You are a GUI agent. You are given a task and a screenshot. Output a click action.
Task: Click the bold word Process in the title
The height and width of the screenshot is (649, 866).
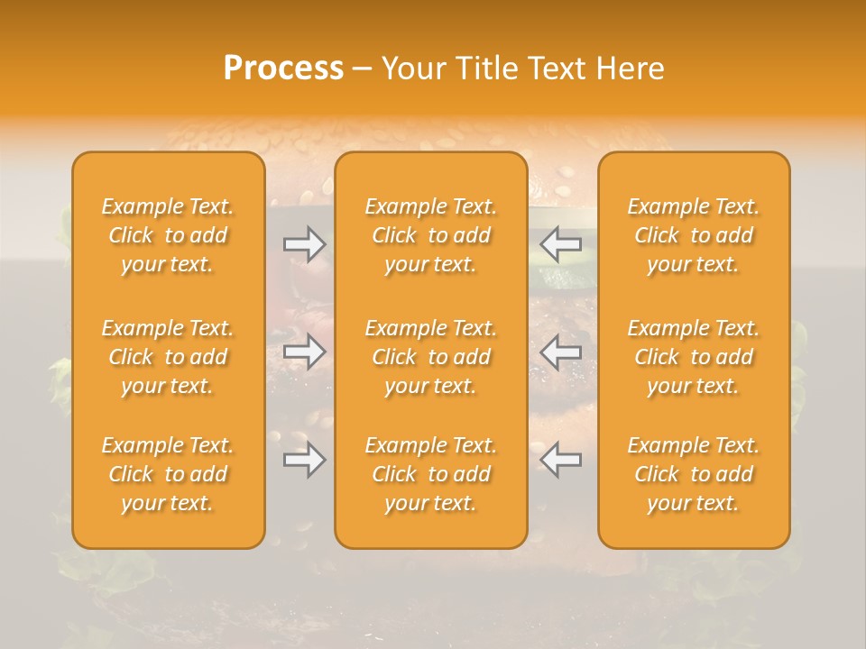pos(283,69)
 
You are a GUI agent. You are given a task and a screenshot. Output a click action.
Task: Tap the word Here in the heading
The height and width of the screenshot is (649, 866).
pos(631,69)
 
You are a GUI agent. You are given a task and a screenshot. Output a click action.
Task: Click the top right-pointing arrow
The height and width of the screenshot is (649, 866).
pos(305,244)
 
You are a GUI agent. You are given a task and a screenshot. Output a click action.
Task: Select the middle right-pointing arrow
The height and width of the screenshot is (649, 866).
pos(305,352)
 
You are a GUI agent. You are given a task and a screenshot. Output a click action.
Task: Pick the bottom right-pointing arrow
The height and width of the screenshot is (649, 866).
pos(305,460)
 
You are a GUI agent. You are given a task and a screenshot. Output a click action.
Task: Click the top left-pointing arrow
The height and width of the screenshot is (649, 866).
pos(560,244)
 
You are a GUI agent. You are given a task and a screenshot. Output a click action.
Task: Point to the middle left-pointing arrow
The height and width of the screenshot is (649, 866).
pos(560,352)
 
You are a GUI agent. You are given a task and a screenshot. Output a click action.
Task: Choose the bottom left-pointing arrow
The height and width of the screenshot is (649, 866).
pos(560,460)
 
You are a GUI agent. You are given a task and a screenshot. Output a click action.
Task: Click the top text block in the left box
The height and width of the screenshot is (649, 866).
pos(168,235)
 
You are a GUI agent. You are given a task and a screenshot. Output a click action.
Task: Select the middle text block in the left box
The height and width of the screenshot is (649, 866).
pos(168,357)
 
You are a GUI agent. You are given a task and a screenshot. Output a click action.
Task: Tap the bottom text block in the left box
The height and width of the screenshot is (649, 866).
pos(168,474)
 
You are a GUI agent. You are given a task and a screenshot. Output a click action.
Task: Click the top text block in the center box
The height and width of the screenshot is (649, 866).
pos(430,235)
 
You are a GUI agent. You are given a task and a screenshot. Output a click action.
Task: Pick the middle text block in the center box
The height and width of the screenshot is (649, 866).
pos(430,357)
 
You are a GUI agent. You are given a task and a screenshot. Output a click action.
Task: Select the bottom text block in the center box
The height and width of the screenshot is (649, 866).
pos(430,474)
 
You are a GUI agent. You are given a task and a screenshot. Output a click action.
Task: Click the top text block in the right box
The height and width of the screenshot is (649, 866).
pos(693,235)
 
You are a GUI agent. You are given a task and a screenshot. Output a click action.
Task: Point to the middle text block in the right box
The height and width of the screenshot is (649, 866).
pos(693,357)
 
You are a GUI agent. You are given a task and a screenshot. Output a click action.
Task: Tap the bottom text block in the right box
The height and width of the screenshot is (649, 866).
pos(693,474)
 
